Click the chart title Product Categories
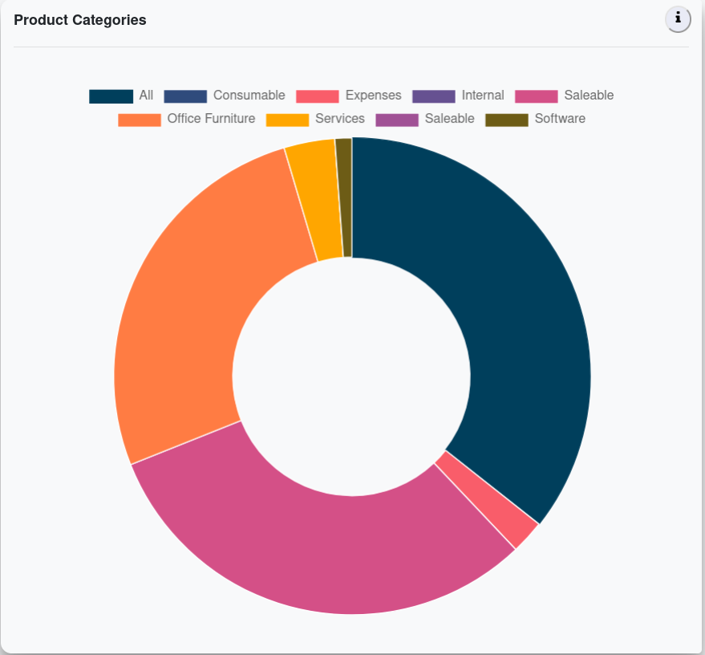tap(80, 20)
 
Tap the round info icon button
tap(678, 18)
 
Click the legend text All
tap(146, 96)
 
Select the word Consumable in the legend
tap(249, 96)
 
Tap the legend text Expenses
tap(373, 96)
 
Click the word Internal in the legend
tap(483, 96)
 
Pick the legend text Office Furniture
tap(211, 119)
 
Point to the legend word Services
tap(340, 119)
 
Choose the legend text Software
tap(560, 119)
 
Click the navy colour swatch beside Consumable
tap(185, 96)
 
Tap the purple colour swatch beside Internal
tap(434, 96)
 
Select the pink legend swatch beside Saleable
tap(537, 96)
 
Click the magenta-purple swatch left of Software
tap(397, 120)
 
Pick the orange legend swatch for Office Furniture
tap(140, 120)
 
